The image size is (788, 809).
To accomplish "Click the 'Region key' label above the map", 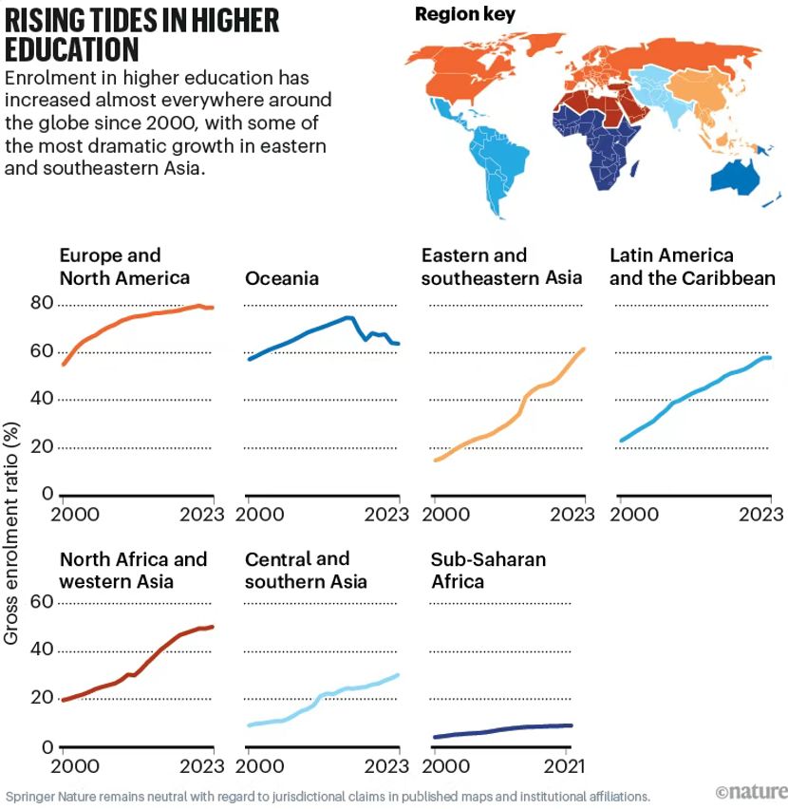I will pyautogui.click(x=465, y=14).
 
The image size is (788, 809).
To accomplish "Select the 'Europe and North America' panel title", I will pyautogui.click(x=124, y=267).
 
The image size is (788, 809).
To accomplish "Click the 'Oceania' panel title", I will pyautogui.click(x=281, y=278).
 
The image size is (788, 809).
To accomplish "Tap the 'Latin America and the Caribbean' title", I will pyautogui.click(x=692, y=267).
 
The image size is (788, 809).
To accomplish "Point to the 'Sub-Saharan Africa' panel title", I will pyautogui.click(x=488, y=570).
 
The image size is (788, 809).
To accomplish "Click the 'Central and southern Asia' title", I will pyautogui.click(x=306, y=570).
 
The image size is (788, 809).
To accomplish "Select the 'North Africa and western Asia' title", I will pyautogui.click(x=133, y=570).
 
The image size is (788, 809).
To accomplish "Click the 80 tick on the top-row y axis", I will pyautogui.click(x=42, y=304).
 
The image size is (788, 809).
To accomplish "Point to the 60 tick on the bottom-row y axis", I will pyautogui.click(x=42, y=602).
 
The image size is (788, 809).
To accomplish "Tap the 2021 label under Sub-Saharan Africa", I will pyautogui.click(x=567, y=765).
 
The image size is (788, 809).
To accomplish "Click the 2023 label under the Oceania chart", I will pyautogui.click(x=386, y=515).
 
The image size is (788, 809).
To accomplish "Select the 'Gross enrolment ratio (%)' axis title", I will pyautogui.click(x=12, y=521).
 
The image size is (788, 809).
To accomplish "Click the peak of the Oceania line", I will pyautogui.click(x=348, y=317).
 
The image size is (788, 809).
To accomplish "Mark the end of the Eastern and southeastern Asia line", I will pyautogui.click(x=584, y=348).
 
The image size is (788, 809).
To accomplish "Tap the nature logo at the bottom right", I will pyautogui.click(x=751, y=791).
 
